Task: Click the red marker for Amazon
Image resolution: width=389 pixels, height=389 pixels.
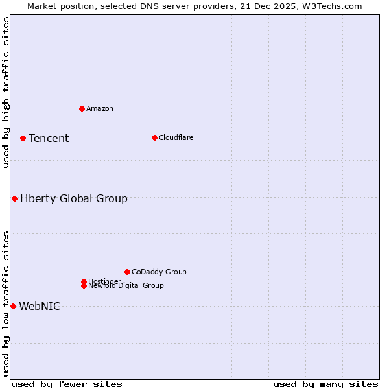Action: [82, 108]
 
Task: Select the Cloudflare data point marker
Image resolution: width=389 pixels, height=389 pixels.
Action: [154, 137]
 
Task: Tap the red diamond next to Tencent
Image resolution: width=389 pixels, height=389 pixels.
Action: [23, 138]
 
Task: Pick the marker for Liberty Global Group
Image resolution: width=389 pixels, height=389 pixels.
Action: [14, 198]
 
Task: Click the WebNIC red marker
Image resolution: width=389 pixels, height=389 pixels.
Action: [13, 306]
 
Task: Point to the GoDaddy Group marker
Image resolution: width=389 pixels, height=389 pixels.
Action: [127, 272]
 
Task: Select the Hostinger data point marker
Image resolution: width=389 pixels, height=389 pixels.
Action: [84, 281]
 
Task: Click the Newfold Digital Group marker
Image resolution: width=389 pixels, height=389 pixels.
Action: [84, 286]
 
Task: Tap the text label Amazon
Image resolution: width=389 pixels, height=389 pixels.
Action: [99, 108]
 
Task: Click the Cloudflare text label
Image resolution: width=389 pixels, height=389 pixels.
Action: [176, 137]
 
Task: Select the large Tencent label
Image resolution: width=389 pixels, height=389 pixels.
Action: [49, 138]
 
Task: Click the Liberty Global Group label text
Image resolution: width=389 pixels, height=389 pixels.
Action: [73, 198]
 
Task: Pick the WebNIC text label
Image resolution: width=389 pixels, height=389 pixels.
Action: [40, 306]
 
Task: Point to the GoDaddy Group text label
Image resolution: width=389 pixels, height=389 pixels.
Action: [159, 272]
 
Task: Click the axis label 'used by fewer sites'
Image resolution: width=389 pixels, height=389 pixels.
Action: [67, 384]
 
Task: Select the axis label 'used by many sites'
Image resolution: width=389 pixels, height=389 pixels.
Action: [325, 384]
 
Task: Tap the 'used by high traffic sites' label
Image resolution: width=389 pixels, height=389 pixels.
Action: [6, 92]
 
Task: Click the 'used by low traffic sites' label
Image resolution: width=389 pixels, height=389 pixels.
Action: [6, 303]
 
